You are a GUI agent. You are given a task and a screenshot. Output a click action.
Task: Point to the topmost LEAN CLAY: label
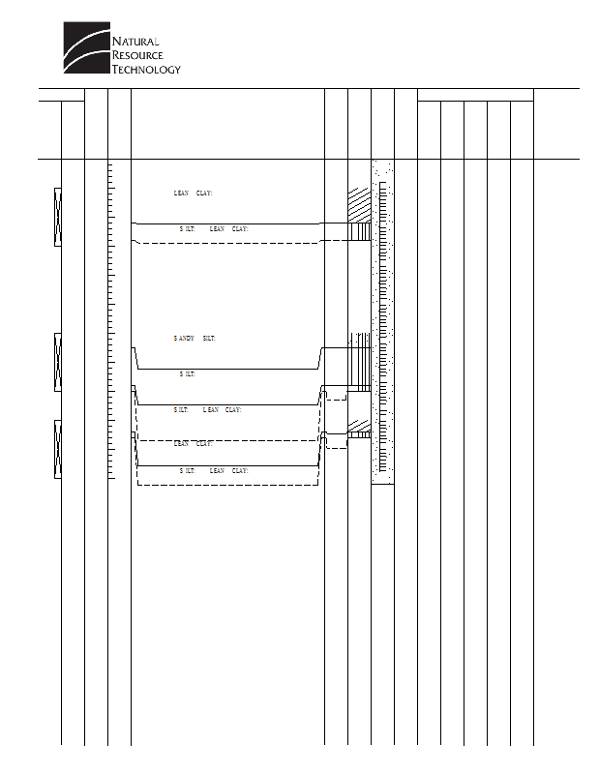193,193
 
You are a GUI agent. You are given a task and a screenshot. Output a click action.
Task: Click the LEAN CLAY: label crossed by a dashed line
193,443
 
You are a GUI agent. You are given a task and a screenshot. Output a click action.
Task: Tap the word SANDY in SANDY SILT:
184,339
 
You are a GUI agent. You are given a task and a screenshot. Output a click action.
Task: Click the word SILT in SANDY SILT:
209,339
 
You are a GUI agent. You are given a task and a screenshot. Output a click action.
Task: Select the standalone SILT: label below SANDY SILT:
188,373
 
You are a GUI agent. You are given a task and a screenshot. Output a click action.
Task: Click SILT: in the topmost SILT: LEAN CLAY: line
188,229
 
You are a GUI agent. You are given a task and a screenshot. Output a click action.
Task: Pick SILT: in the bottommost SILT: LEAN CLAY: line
188,470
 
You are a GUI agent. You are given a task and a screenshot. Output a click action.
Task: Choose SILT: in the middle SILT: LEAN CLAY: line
182,410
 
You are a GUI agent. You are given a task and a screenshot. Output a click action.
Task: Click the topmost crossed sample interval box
58,217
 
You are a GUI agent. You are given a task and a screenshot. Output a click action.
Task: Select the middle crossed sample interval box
58,362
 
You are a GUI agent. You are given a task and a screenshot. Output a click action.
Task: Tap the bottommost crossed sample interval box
58,449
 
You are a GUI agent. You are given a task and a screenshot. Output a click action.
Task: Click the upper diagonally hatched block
359,204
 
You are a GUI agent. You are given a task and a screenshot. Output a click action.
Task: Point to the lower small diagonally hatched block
359,426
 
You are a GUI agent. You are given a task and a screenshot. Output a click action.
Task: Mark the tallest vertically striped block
359,360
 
